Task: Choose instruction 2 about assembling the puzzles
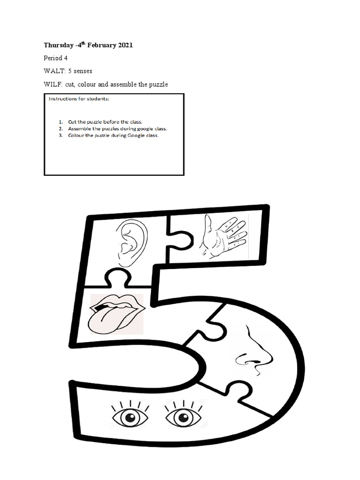[118, 128]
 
